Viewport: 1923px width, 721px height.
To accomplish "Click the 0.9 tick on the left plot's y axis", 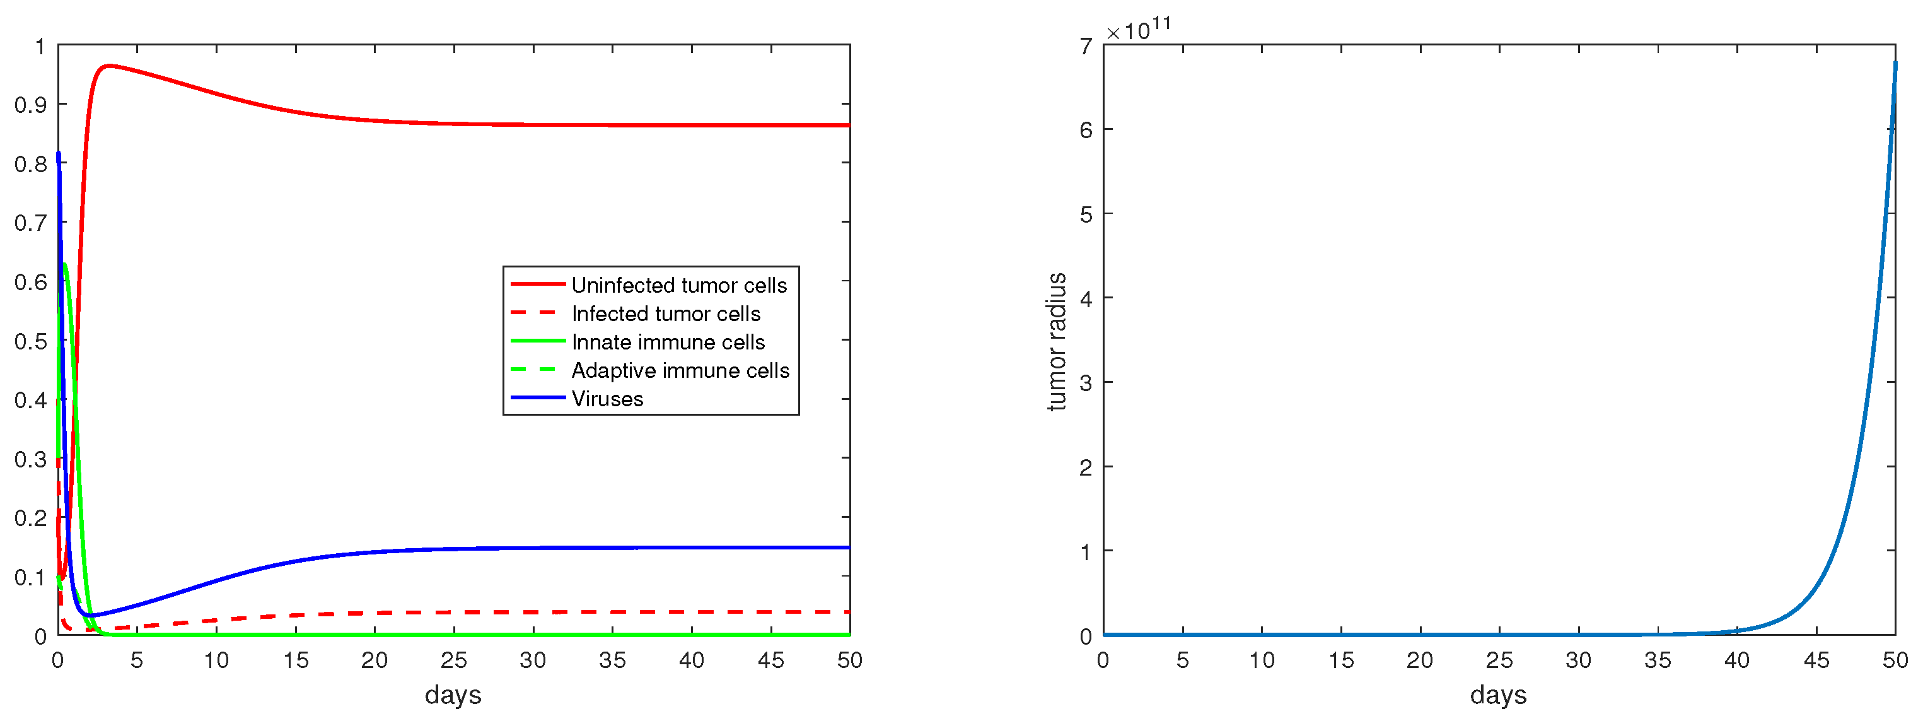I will tap(30, 105).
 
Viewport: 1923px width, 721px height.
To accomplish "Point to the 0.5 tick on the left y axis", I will tap(30, 341).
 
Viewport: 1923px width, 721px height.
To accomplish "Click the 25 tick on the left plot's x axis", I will tap(454, 660).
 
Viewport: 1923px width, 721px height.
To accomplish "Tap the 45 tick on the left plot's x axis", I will tap(770, 660).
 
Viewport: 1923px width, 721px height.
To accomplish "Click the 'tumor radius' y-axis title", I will tap(1055, 341).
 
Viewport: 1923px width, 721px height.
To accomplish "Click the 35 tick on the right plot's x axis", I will tap(1658, 660).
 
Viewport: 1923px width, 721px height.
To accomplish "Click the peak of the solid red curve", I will tap(109, 66).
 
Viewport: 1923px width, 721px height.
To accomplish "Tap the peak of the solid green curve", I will tap(66, 264).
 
